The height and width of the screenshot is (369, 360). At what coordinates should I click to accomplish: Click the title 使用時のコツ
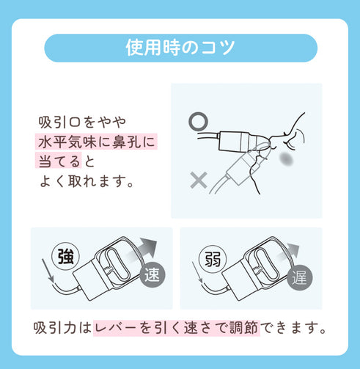click(180, 48)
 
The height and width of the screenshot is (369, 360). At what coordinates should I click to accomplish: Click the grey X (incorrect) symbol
click(199, 180)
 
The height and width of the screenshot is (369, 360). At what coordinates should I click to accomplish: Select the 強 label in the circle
click(66, 257)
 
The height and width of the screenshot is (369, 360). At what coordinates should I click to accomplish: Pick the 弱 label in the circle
click(213, 259)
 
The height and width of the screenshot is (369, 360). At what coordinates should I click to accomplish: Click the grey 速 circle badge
click(153, 274)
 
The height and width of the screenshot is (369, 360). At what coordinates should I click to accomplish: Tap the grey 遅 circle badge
click(300, 278)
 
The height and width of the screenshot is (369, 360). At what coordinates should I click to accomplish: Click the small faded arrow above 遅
click(290, 252)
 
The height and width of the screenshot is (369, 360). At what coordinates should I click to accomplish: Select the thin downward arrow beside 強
click(48, 271)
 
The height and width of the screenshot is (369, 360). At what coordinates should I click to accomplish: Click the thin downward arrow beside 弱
click(198, 274)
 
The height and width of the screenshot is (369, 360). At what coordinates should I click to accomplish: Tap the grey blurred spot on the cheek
click(287, 159)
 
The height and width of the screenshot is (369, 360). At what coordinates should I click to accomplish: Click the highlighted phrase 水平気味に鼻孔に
click(97, 142)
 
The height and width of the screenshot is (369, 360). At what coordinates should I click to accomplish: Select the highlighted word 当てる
click(59, 161)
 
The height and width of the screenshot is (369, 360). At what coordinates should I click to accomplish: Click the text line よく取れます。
click(87, 181)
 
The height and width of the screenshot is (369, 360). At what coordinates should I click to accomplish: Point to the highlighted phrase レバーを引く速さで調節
click(177, 328)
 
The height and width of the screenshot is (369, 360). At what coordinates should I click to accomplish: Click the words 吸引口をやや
click(82, 122)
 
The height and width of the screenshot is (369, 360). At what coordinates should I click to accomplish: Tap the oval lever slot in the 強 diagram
click(117, 265)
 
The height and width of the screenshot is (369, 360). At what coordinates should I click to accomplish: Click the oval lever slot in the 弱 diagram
click(265, 265)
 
